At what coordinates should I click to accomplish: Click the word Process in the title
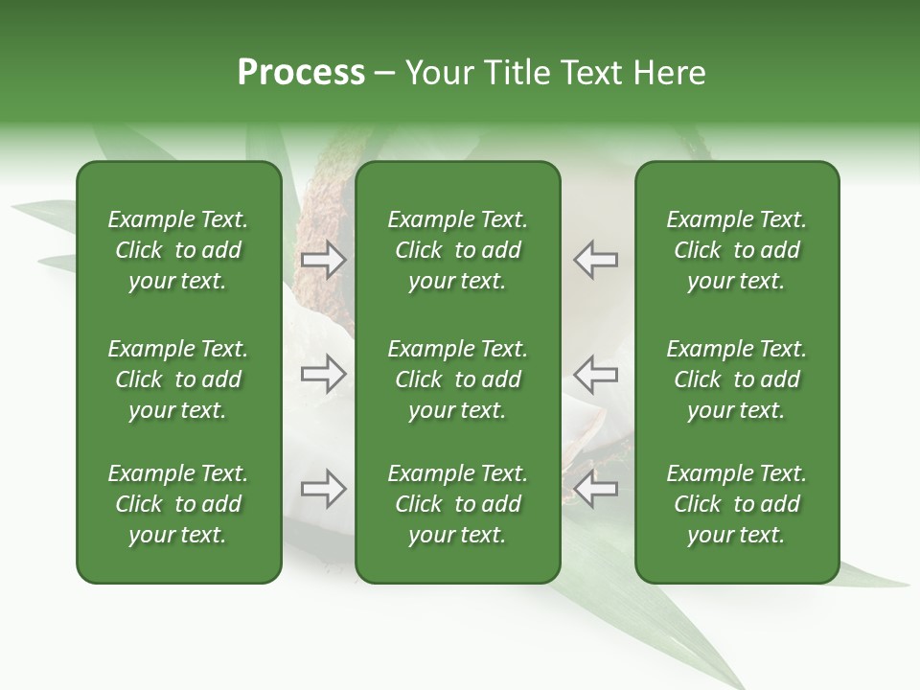click(301, 73)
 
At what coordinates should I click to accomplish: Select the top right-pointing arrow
click(324, 260)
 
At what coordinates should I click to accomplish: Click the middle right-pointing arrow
click(324, 374)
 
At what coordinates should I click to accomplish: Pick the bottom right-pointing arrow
click(324, 489)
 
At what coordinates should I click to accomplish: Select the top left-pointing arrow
click(596, 260)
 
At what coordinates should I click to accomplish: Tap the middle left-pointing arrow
click(596, 374)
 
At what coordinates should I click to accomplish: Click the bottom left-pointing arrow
click(596, 489)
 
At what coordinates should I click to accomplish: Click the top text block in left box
click(178, 250)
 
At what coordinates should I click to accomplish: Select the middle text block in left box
click(178, 379)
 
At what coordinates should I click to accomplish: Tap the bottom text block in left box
click(178, 504)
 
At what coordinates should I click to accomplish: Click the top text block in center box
click(458, 250)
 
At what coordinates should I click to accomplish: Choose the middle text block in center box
click(458, 379)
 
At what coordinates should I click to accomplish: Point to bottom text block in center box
click(458, 504)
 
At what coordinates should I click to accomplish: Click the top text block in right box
click(737, 250)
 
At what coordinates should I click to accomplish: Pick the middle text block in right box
click(737, 379)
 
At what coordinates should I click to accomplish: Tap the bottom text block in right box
click(737, 504)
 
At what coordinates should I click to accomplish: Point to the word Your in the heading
click(439, 73)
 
